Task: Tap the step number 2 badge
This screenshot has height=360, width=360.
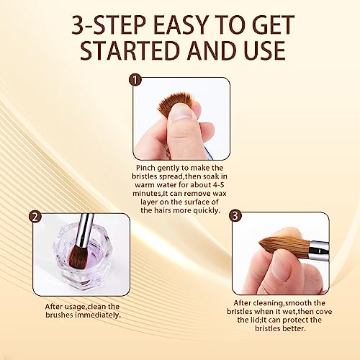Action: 33,217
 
